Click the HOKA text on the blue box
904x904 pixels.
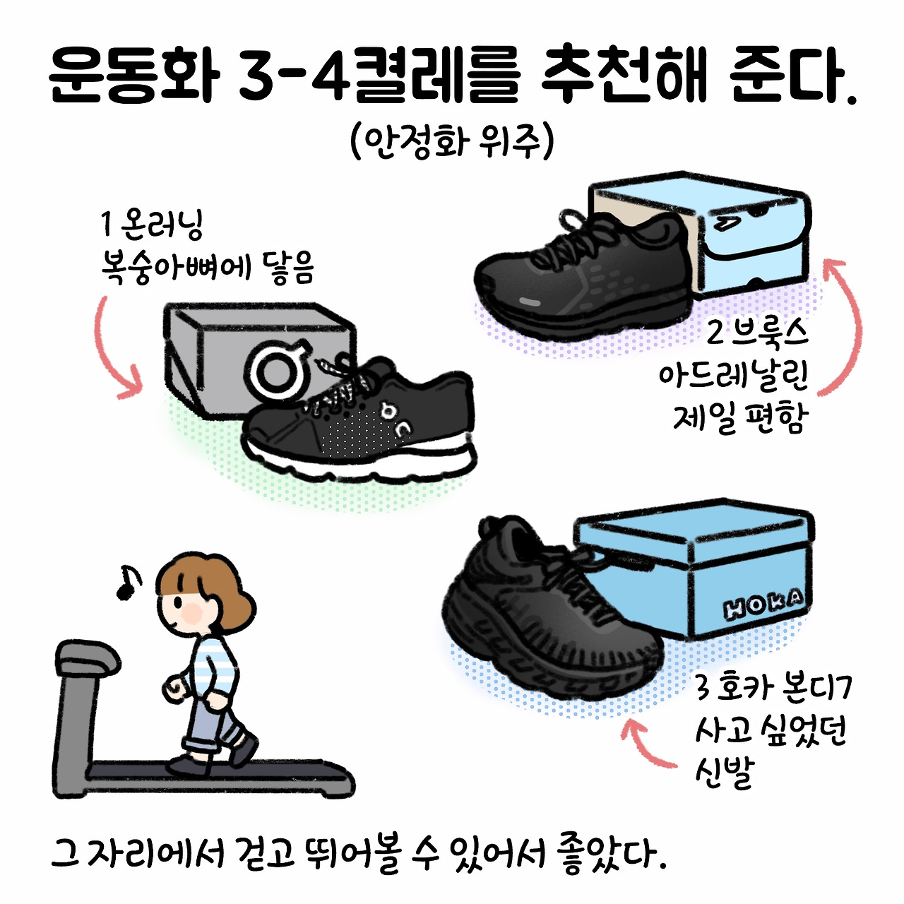(763, 607)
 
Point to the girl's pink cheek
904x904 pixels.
(192, 613)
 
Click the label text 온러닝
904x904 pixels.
(161, 227)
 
